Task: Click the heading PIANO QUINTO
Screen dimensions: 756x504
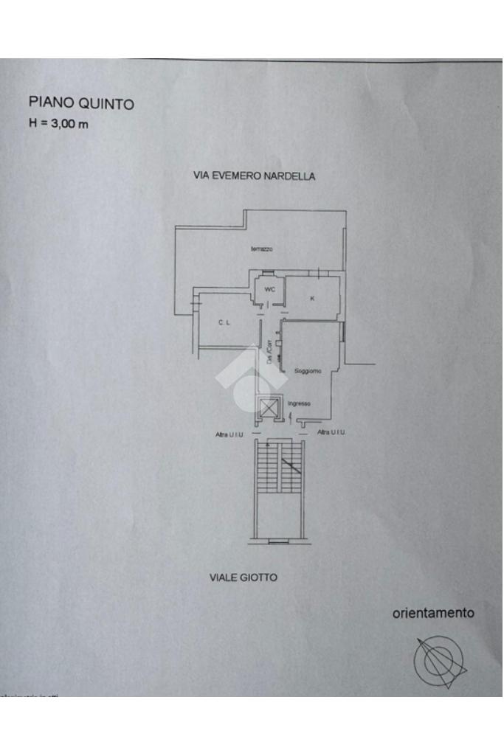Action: pyautogui.click(x=81, y=103)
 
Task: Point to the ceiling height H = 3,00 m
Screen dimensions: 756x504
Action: pyautogui.click(x=58, y=123)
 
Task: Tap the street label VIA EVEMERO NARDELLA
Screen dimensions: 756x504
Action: pyautogui.click(x=254, y=176)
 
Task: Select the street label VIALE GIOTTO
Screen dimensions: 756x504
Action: pyautogui.click(x=244, y=578)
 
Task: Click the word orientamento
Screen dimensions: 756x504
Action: pyautogui.click(x=433, y=612)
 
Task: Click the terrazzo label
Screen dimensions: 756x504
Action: pyautogui.click(x=262, y=249)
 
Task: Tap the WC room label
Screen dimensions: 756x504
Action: pyautogui.click(x=269, y=289)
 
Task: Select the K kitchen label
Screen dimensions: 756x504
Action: pyautogui.click(x=312, y=298)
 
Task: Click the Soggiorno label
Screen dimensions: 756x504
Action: pyautogui.click(x=307, y=370)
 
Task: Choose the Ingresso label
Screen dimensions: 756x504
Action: pyautogui.click(x=299, y=403)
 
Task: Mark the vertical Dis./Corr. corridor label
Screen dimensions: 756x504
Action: pyautogui.click(x=270, y=354)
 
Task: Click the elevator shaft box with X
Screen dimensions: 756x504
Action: pyautogui.click(x=267, y=407)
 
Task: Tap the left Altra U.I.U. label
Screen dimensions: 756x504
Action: pyautogui.click(x=229, y=434)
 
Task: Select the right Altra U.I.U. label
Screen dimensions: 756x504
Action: pyautogui.click(x=331, y=432)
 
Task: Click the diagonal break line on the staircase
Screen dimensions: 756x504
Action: pyautogui.click(x=291, y=465)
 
